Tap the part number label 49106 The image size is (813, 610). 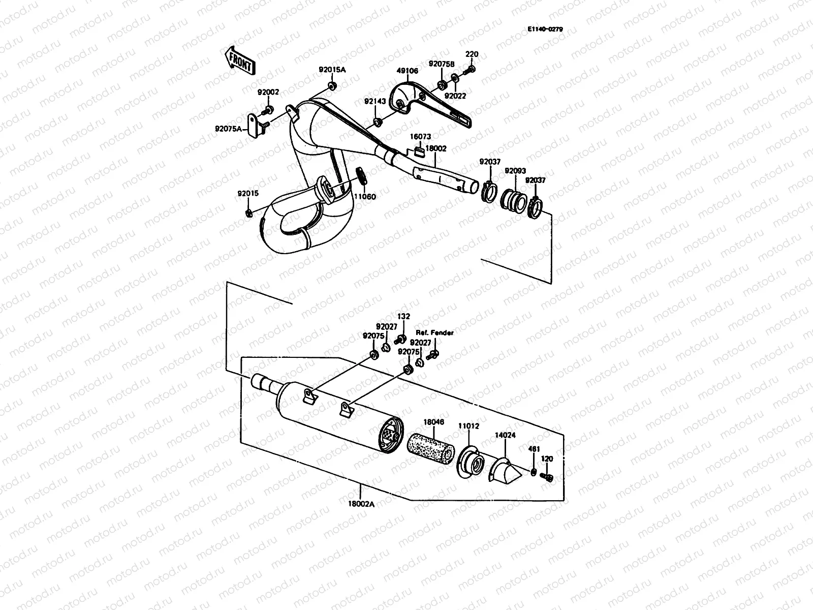tap(408, 71)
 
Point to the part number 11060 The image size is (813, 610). tap(365, 196)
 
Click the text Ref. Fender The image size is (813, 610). tap(434, 332)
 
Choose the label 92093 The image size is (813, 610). tap(515, 171)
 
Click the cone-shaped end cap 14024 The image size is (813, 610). tap(505, 470)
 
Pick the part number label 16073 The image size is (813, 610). tap(421, 137)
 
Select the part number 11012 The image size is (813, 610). tap(468, 426)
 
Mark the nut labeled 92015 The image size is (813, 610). tap(248, 212)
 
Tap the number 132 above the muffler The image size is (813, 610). tap(403, 316)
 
